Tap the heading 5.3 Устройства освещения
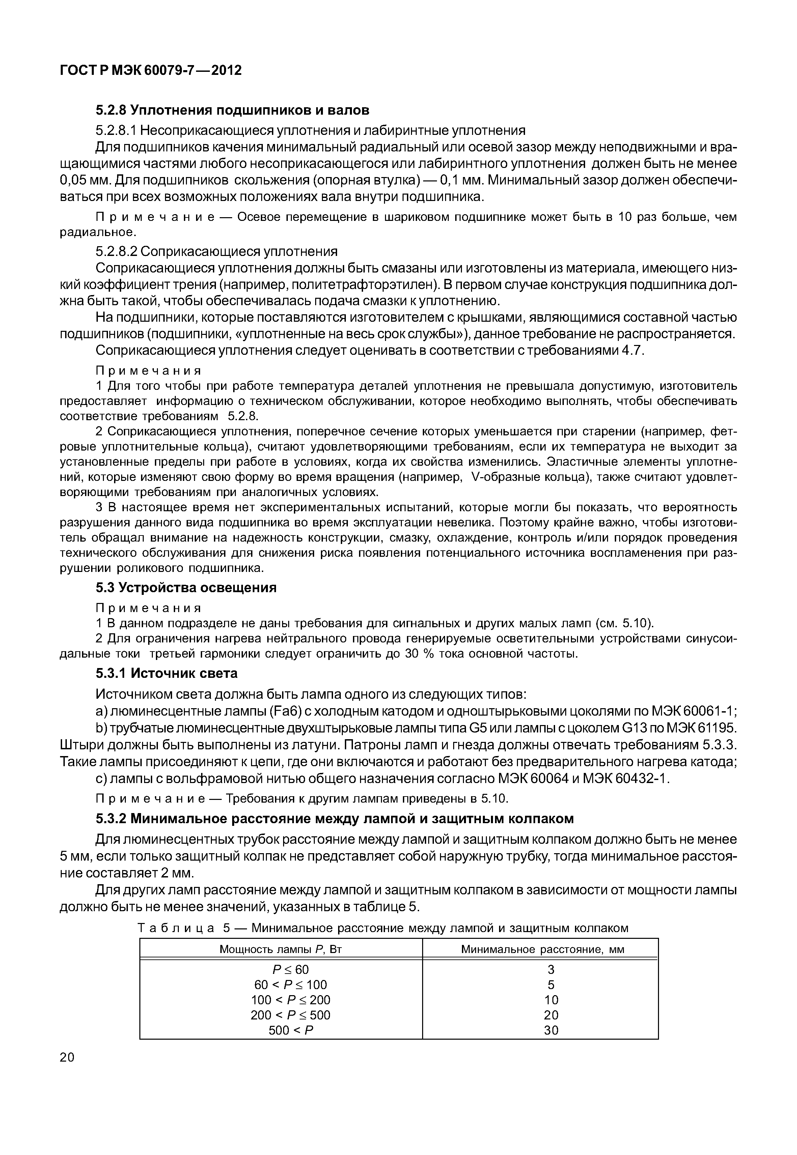(186, 587)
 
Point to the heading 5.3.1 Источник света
(166, 673)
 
